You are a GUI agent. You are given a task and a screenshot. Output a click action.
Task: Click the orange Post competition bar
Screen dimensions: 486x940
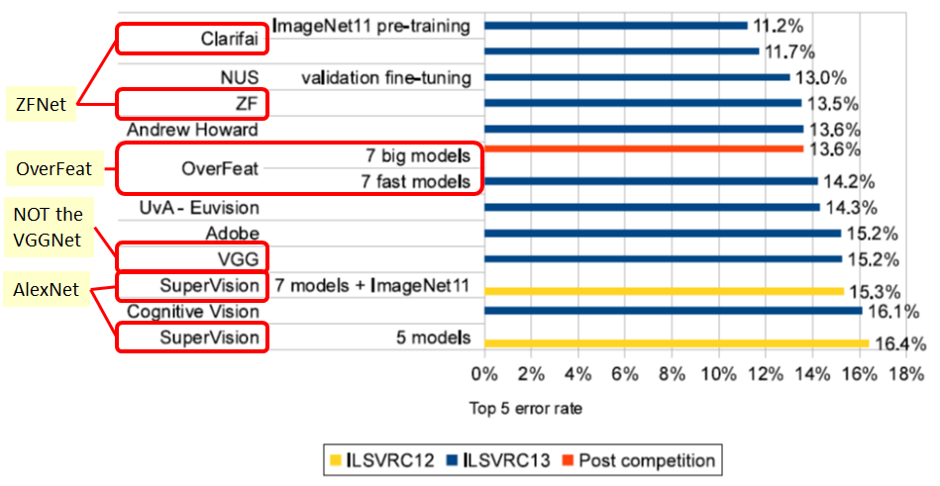click(x=644, y=149)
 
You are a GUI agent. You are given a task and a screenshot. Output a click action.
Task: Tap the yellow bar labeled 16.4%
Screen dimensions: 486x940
click(x=677, y=343)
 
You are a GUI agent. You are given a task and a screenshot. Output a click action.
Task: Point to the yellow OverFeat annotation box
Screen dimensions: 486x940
click(x=52, y=170)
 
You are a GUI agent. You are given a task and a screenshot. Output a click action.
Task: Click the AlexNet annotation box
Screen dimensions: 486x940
click(x=47, y=290)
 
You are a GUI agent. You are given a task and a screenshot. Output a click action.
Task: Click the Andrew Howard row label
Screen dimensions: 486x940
click(x=193, y=130)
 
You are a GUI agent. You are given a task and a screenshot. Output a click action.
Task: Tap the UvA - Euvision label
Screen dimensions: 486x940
click(x=202, y=208)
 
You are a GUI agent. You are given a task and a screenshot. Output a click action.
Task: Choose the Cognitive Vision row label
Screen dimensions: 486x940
click(x=194, y=312)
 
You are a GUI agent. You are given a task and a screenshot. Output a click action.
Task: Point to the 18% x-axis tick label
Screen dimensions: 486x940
click(x=905, y=373)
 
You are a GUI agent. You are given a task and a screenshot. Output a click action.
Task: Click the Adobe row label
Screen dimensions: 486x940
click(x=232, y=234)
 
